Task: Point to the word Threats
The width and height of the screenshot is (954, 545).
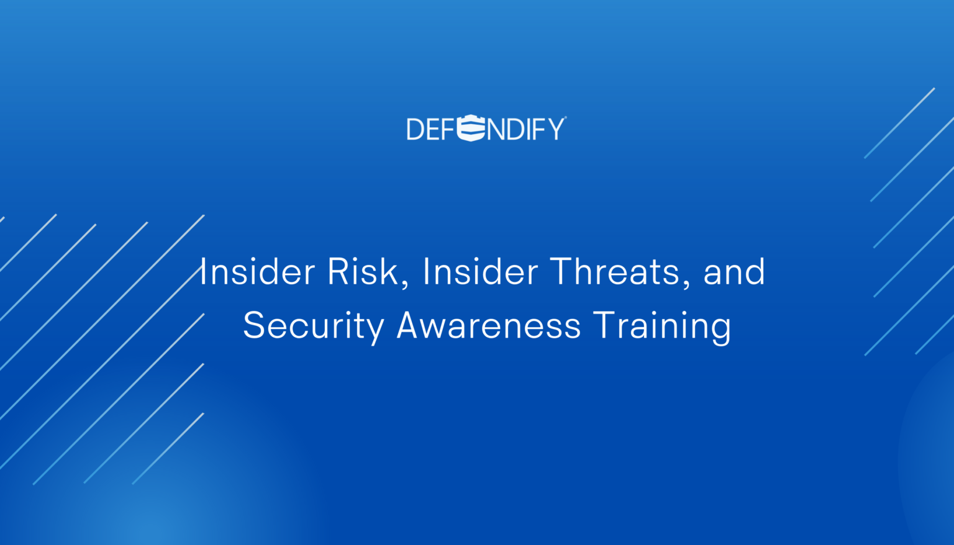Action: click(x=615, y=272)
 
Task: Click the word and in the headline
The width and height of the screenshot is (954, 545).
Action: click(x=734, y=272)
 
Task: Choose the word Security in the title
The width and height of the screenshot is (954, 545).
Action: click(x=312, y=325)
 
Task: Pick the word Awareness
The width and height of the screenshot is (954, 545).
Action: click(x=489, y=325)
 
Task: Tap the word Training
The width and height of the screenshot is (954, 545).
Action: click(x=662, y=325)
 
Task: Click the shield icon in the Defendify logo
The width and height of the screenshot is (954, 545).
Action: click(x=471, y=128)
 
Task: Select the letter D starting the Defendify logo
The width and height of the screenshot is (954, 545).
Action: click(x=414, y=129)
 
